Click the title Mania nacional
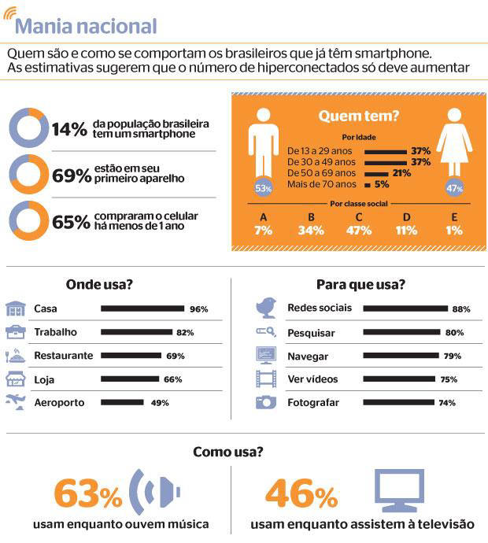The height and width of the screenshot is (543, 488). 85,27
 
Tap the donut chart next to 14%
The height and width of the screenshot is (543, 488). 28,129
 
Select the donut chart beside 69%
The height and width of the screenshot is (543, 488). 28,175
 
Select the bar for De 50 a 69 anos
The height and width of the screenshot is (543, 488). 376,173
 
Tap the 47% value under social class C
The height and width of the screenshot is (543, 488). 359,231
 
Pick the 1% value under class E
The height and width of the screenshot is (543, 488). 453,231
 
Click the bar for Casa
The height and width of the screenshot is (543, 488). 142,309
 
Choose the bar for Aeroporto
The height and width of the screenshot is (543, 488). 122,403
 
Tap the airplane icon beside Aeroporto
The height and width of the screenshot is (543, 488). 16,402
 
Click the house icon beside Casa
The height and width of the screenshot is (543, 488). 16,308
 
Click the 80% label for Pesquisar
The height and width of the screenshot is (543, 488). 454,333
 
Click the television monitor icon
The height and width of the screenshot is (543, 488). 400,491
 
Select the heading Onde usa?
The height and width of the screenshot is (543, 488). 98,284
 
